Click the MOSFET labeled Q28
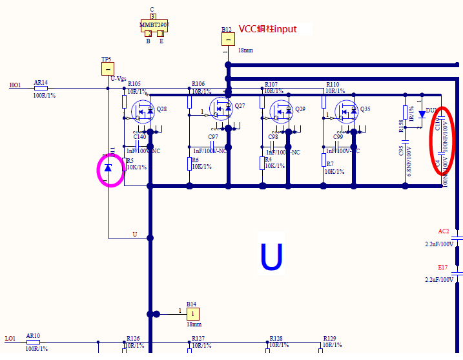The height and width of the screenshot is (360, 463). coord(143,112)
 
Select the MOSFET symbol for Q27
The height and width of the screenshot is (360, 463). coord(221,109)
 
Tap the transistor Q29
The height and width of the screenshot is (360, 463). coord(282,111)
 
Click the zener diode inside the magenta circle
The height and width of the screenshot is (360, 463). coord(108,168)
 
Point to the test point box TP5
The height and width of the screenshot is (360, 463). coord(108,69)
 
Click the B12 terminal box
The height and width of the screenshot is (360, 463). coord(228,39)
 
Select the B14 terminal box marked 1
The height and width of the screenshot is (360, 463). coord(193,313)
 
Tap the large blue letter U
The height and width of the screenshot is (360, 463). coord(271,257)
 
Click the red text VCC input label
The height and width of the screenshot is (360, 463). coord(268,29)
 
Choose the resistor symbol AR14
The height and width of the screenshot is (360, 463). coord(41,88)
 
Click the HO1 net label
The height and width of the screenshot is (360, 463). coord(15,85)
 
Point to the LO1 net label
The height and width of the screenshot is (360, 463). coord(10,339)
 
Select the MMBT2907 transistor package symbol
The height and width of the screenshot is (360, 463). coord(153,26)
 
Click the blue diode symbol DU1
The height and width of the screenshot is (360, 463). coord(422,114)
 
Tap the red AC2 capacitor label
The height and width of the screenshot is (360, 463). coord(443,231)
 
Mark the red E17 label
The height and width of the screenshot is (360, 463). coord(442,267)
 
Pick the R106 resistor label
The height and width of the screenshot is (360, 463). coord(198,84)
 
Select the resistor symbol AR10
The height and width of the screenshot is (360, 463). coord(33,342)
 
